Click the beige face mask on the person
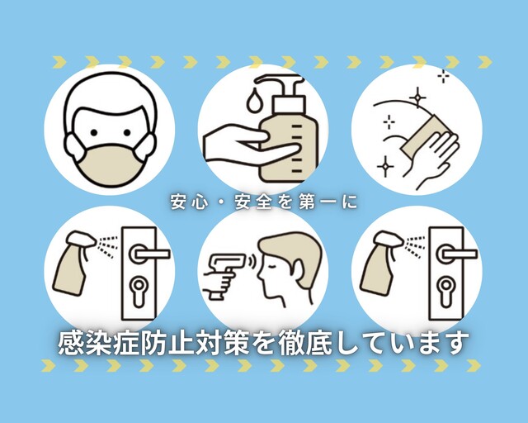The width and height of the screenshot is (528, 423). tap(110, 165)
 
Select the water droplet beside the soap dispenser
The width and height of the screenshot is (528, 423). tap(253, 101)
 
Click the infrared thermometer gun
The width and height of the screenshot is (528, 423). tap(223, 274)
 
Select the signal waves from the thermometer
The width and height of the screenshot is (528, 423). tap(252, 261)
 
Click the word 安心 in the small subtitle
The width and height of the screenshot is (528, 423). tap(188, 202)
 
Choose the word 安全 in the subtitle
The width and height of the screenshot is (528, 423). tap(252, 202)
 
